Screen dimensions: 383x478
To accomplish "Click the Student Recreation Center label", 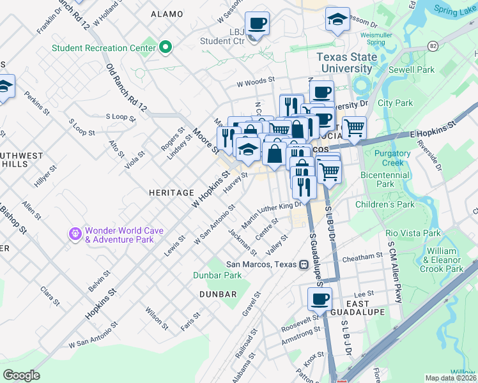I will [103, 48].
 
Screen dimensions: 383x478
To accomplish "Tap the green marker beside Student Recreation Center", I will [166, 47].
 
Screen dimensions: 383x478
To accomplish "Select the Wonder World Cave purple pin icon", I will [76, 234].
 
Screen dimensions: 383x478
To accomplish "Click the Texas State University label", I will [344, 63].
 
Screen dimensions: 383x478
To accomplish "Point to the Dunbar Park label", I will [217, 275].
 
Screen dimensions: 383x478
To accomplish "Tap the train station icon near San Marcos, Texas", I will [304, 265].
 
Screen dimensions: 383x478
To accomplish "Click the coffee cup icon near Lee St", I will [320, 298].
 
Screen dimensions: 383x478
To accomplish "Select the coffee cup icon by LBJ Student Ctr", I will [257, 24].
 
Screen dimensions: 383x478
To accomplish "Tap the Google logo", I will [21, 375].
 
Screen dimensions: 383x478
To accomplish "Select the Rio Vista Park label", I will [414, 233].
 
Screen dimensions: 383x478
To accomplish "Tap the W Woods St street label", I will [255, 82].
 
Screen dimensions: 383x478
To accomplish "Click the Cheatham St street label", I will [362, 257].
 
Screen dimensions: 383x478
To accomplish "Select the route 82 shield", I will [433, 46].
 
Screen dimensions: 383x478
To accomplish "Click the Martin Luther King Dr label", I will [272, 215].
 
